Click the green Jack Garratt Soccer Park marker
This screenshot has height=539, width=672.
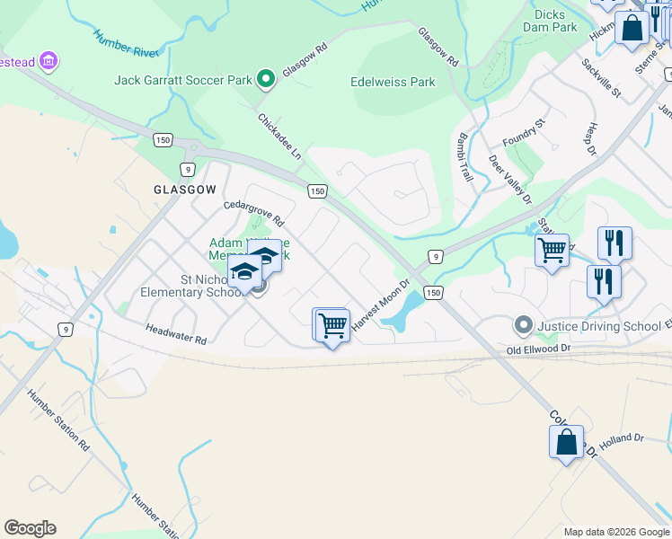coord(265,80)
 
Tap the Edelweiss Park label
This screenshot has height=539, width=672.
coord(393,82)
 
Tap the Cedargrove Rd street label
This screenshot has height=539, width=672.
coord(254,213)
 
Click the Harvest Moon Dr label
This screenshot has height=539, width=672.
coord(380,305)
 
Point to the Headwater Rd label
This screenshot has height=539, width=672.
coord(176,334)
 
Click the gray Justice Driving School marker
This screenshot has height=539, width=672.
coord(523,323)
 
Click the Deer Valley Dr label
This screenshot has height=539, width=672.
coord(509,178)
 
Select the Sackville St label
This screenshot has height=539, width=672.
coord(601,77)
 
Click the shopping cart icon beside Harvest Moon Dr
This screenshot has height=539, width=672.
coord(332,325)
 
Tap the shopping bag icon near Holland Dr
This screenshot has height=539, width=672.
coord(566,442)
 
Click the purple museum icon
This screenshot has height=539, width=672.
coord(49,62)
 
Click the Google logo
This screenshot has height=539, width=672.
coord(30,528)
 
